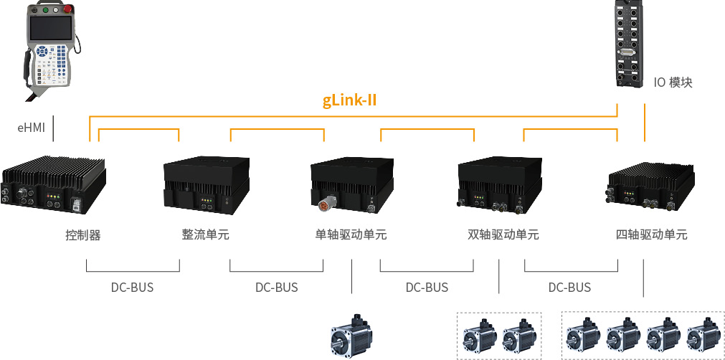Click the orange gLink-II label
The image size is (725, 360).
[x=350, y=100]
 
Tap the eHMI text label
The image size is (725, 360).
[x=31, y=128]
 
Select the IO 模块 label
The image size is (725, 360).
[x=673, y=82]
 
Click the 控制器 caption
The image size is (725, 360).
[x=83, y=235]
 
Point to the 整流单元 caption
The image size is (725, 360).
[x=206, y=235]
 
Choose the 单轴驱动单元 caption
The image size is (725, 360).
[x=351, y=235]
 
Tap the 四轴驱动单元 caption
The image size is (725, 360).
[x=652, y=235]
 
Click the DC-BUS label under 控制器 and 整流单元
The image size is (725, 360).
[x=132, y=288]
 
